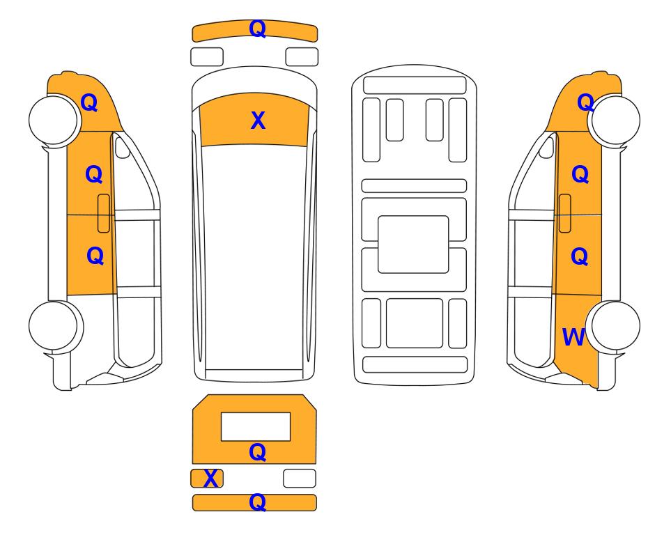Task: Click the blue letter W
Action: [x=573, y=337]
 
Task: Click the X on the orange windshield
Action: [x=258, y=121]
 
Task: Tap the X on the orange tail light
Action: [x=210, y=479]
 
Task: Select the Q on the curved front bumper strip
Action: [x=258, y=29]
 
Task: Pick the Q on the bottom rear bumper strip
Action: [x=258, y=502]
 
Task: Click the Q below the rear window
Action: [x=258, y=452]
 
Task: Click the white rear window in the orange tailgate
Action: [x=256, y=426]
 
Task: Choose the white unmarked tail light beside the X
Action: [x=300, y=478]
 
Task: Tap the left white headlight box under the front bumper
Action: [x=207, y=57]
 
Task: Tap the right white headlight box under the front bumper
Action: [x=302, y=57]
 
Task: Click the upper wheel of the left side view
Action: [x=54, y=120]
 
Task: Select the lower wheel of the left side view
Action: [x=55, y=326]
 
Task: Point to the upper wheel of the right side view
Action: [x=615, y=120]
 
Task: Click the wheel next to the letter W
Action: [x=614, y=326]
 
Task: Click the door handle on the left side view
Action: [x=104, y=213]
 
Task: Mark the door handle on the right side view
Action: [x=565, y=213]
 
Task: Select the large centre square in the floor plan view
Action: [x=413, y=245]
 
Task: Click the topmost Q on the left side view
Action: [x=89, y=102]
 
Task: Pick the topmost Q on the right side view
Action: [x=585, y=102]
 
